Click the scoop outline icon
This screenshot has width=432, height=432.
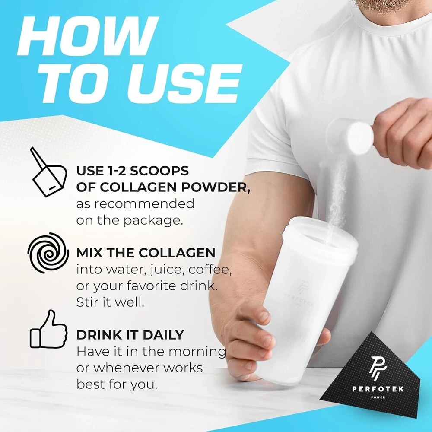coord(48,172)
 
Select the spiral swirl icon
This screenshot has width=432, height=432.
coord(48,253)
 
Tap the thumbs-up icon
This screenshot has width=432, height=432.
coord(48,329)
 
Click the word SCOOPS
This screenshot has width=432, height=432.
coord(159,171)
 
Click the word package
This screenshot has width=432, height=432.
coord(153,221)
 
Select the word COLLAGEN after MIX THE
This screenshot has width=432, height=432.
coord(177,253)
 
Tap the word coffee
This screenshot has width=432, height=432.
coord(210,270)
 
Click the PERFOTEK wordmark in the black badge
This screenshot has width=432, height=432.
coord(378,389)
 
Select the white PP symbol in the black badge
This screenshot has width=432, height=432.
coord(378,368)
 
